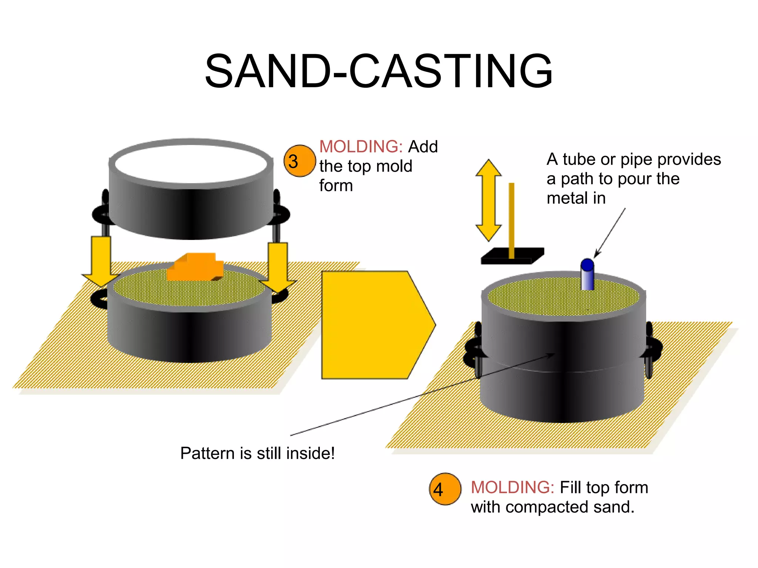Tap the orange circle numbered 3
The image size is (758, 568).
click(x=299, y=161)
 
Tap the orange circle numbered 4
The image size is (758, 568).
click(x=445, y=489)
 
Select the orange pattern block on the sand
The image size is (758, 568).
click(x=195, y=267)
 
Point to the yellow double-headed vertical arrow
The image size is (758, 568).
click(x=489, y=200)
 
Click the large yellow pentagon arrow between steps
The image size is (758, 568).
click(x=374, y=325)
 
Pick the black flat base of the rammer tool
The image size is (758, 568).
click(x=512, y=256)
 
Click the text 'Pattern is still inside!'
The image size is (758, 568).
click(x=257, y=453)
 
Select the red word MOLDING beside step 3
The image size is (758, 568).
click(x=360, y=146)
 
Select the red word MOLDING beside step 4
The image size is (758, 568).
click(x=512, y=487)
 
